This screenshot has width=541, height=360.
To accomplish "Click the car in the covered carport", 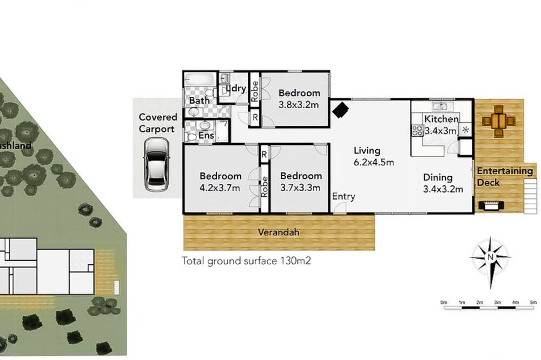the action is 156,164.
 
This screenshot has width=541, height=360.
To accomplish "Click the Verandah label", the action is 279,232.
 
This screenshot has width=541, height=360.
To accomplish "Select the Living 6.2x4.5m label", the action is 374,156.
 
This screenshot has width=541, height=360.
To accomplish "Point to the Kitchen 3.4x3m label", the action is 441,124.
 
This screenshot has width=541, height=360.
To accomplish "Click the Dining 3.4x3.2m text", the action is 443,183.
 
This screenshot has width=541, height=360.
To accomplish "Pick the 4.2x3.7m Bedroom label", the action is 220,182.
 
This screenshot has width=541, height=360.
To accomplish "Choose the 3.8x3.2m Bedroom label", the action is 299,98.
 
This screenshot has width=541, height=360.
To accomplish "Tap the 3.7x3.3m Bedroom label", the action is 300,182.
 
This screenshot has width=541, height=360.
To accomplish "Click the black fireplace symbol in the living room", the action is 340,110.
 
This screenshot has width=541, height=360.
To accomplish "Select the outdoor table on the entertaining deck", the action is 499,122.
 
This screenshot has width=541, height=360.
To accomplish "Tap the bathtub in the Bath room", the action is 200,79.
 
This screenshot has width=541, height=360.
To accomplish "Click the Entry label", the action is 344,196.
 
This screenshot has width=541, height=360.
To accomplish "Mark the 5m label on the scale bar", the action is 533,302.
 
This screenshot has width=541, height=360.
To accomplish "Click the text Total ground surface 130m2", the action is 246,261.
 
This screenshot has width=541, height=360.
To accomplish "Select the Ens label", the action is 206,135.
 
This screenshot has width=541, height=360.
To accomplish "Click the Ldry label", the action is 236,88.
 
